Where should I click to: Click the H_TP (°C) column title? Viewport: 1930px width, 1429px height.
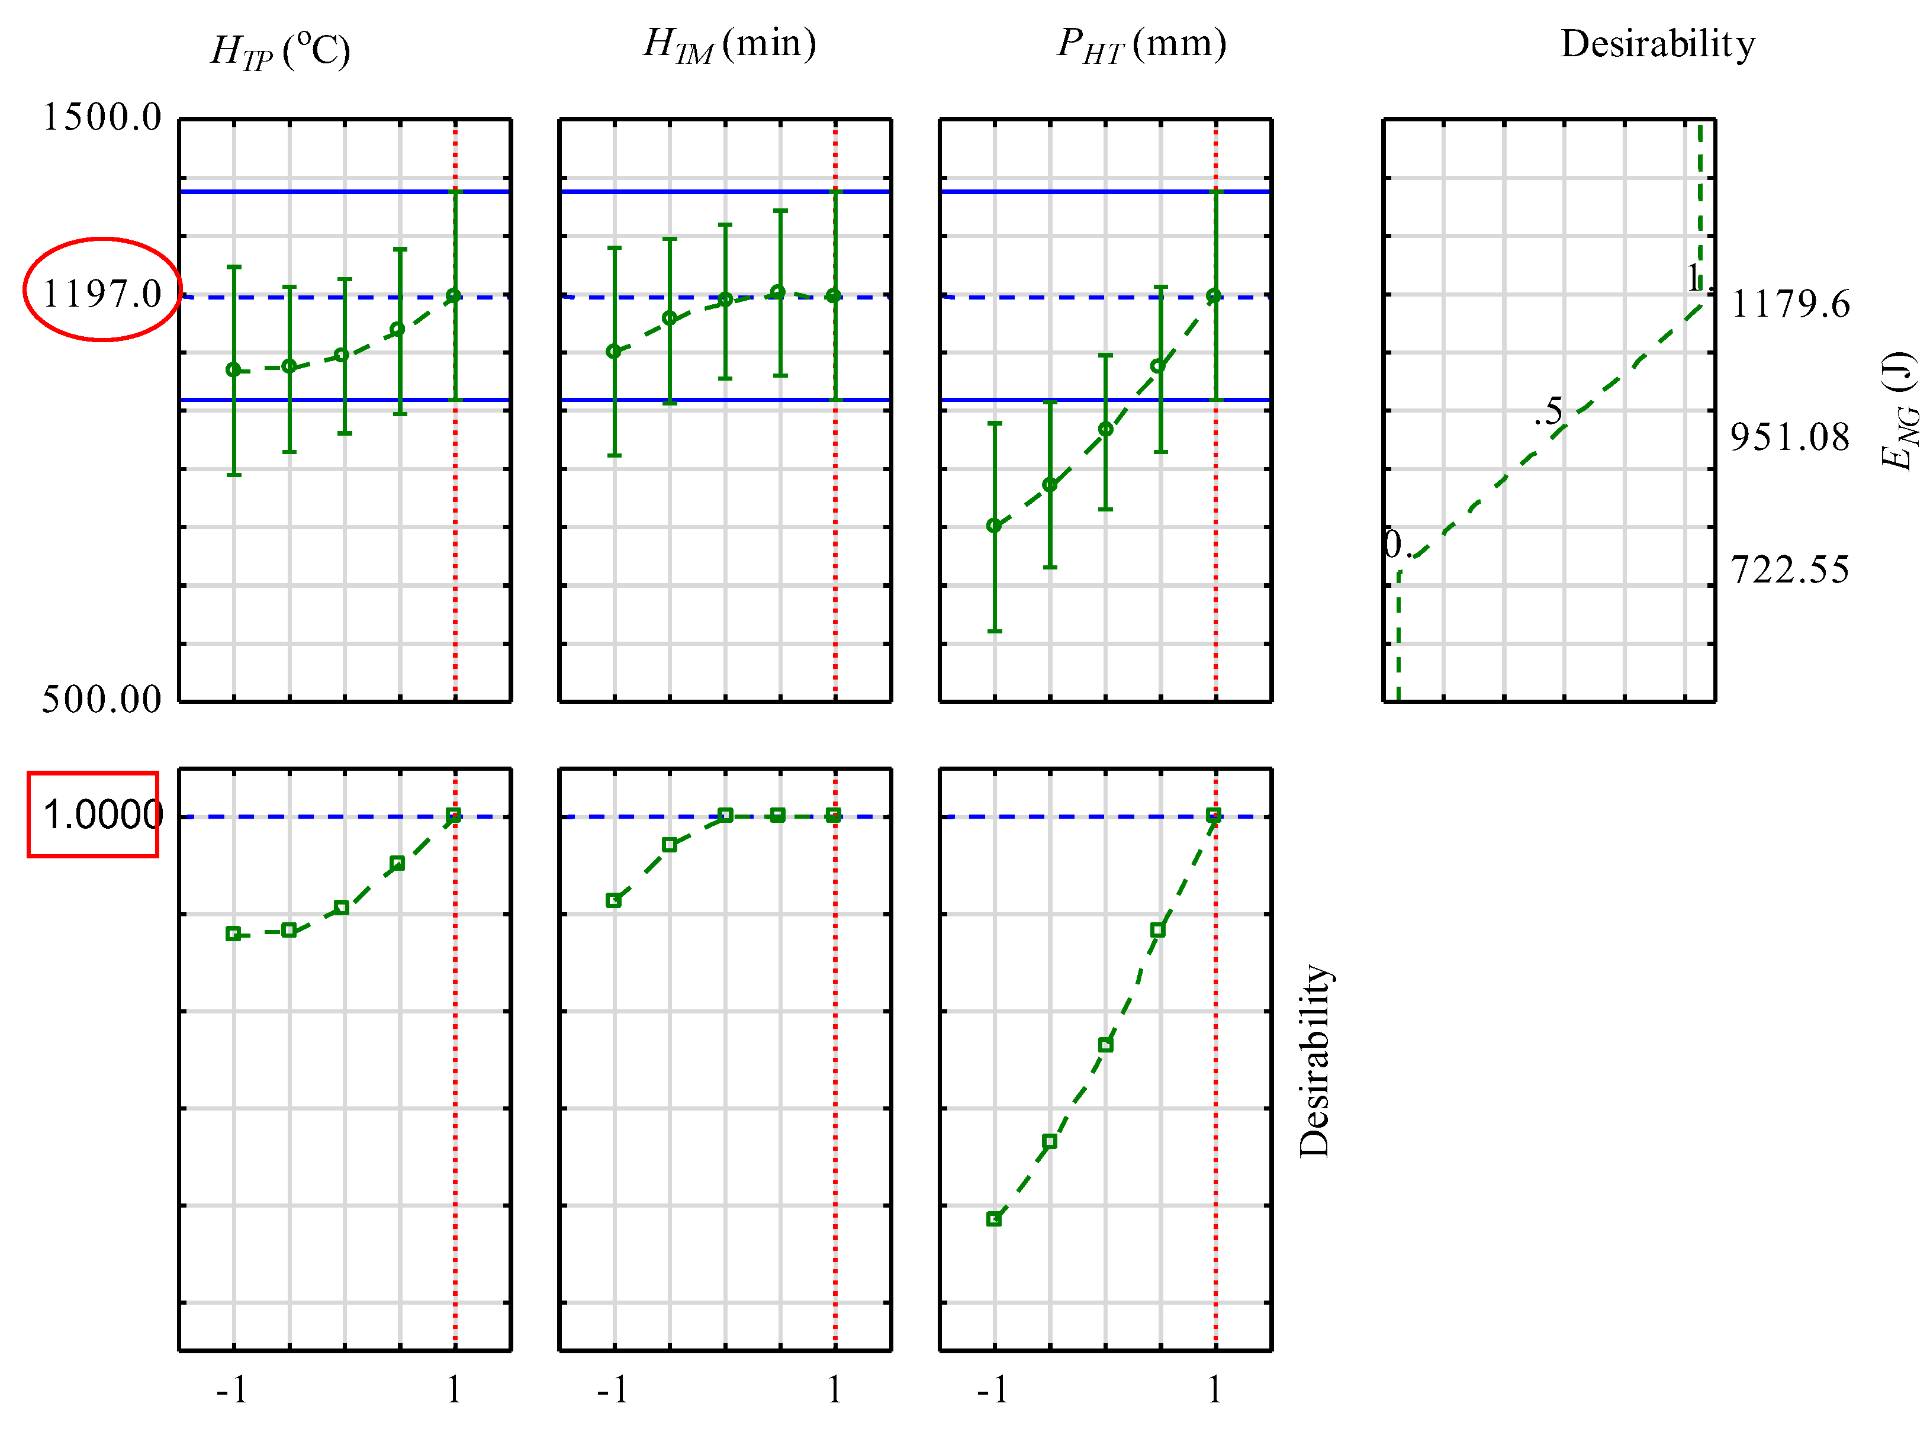click(280, 50)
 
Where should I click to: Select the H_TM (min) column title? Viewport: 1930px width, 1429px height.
click(729, 45)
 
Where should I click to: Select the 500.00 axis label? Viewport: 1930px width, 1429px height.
click(102, 700)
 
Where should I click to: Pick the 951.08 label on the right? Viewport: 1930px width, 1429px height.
click(1790, 437)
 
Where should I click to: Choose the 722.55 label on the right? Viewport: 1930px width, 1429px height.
click(1790, 571)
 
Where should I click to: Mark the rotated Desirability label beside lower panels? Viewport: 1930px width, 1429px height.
click(1314, 1061)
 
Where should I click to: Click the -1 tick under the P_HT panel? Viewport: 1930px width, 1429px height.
click(993, 1390)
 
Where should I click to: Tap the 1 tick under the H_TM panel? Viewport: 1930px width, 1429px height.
click(834, 1390)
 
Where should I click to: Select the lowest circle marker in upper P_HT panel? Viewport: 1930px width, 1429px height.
click(994, 526)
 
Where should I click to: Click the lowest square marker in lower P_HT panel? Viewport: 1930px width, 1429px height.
click(994, 1219)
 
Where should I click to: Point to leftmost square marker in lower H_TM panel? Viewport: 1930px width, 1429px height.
click(613, 900)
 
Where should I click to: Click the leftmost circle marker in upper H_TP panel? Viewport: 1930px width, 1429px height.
click(234, 370)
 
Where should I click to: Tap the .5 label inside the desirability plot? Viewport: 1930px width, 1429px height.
click(1551, 412)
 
